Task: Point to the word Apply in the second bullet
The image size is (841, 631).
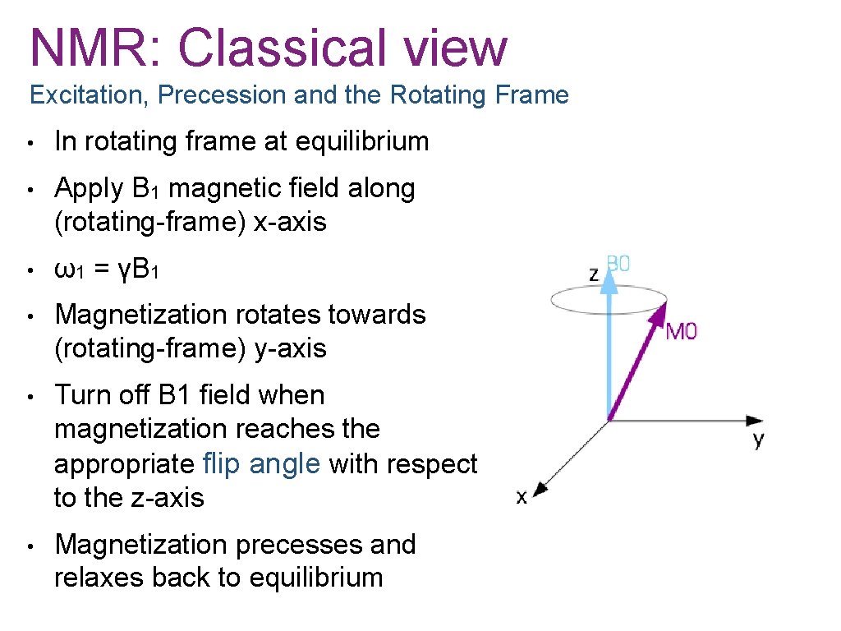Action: [x=88, y=189]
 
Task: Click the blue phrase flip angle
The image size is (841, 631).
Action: [x=261, y=464]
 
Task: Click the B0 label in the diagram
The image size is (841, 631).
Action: [x=618, y=264]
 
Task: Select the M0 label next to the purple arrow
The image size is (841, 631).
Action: [x=681, y=333]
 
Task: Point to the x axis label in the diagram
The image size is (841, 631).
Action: [x=522, y=497]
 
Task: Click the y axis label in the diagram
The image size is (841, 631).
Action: [x=757, y=440]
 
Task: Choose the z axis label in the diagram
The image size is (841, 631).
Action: [x=594, y=274]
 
